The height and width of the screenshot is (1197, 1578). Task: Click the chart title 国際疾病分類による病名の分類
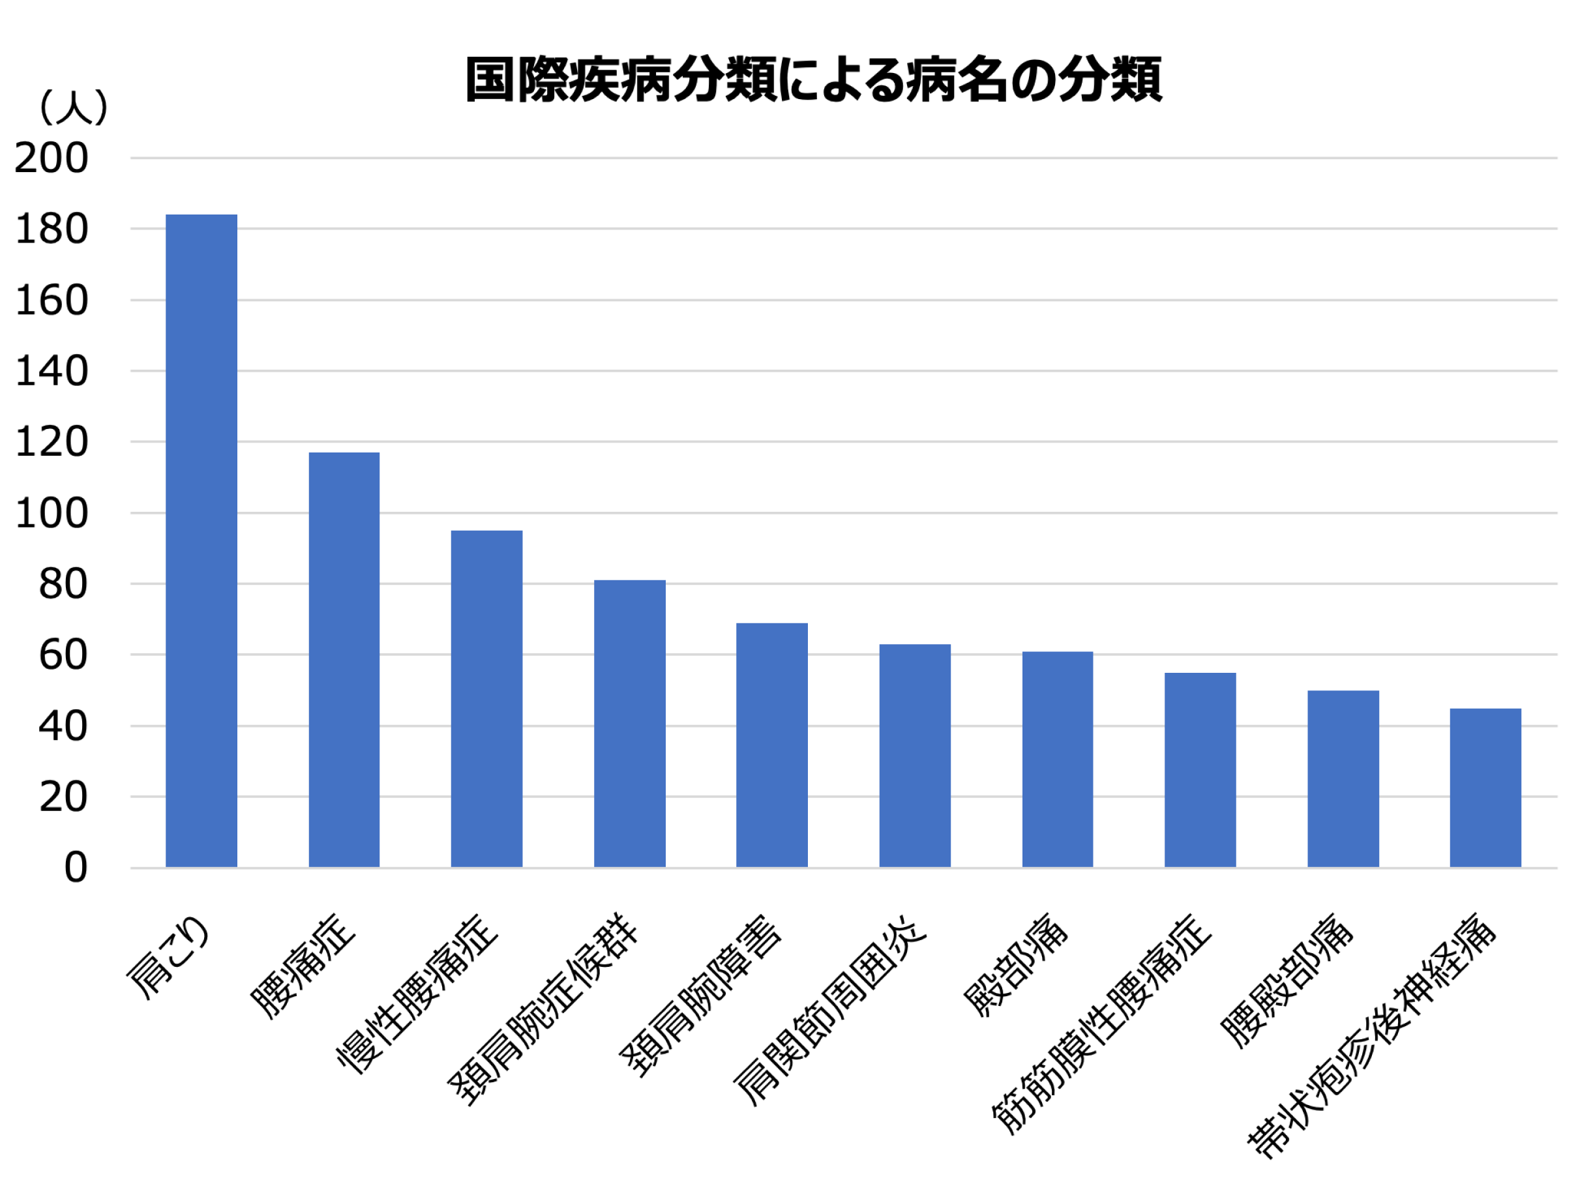[813, 80]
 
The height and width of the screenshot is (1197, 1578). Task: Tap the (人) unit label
[74, 108]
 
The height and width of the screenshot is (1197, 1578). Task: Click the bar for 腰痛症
[344, 659]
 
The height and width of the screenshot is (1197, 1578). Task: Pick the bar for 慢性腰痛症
[486, 698]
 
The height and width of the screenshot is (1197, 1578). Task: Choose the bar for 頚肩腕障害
[772, 745]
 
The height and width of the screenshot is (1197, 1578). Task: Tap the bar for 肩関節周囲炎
[915, 756]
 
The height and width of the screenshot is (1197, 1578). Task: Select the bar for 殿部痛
[1057, 759]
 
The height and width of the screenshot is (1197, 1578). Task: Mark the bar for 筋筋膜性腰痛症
[1200, 770]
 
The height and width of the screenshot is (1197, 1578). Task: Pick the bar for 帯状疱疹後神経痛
[1485, 788]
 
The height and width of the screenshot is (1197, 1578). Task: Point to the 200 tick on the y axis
[52, 158]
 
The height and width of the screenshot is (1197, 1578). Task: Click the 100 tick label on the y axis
[52, 514]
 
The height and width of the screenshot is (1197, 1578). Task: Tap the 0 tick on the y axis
[76, 868]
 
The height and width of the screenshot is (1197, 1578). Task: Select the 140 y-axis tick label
[52, 372]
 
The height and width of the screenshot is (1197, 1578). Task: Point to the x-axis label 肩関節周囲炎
[831, 1009]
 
